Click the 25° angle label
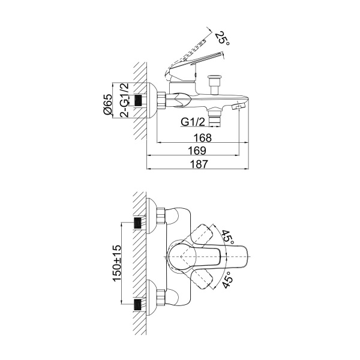[x=222, y=38]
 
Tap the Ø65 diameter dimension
[x=108, y=104]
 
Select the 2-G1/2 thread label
[x=125, y=100]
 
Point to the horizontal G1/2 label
[x=193, y=122]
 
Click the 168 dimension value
[x=203, y=138]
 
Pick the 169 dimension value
[x=197, y=151]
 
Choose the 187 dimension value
[x=199, y=164]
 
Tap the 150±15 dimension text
[x=116, y=263]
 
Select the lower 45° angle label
[x=227, y=280]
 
